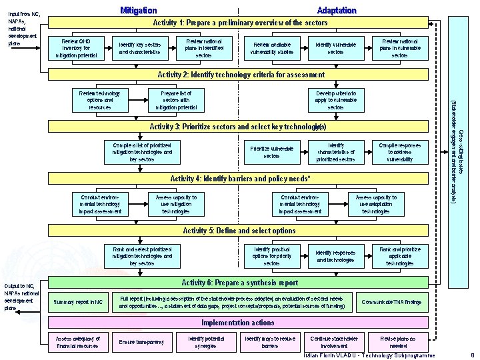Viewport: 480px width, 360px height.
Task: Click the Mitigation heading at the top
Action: pyautogui.click(x=138, y=10)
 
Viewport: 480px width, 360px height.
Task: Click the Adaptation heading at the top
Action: pyautogui.click(x=337, y=10)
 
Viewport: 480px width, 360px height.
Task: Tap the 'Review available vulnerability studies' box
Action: pyautogui.click(x=271, y=48)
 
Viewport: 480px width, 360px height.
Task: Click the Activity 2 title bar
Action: pyautogui.click(x=240, y=75)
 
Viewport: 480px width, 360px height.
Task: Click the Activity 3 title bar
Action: pyautogui.click(x=237, y=126)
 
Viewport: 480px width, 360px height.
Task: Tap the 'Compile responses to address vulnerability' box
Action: pyautogui.click(x=400, y=152)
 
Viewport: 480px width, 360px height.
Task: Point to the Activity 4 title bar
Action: pyautogui.click(x=240, y=179)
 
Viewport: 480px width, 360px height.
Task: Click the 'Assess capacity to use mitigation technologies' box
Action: pyautogui.click(x=176, y=204)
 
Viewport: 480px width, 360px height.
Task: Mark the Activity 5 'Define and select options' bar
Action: pyautogui.click(x=239, y=231)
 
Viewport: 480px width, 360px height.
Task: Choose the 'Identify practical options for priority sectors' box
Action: pyautogui.click(x=271, y=256)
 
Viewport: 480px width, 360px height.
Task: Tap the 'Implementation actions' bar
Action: pyautogui.click(x=237, y=323)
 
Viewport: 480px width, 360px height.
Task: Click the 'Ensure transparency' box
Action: pyautogui.click(x=141, y=342)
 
